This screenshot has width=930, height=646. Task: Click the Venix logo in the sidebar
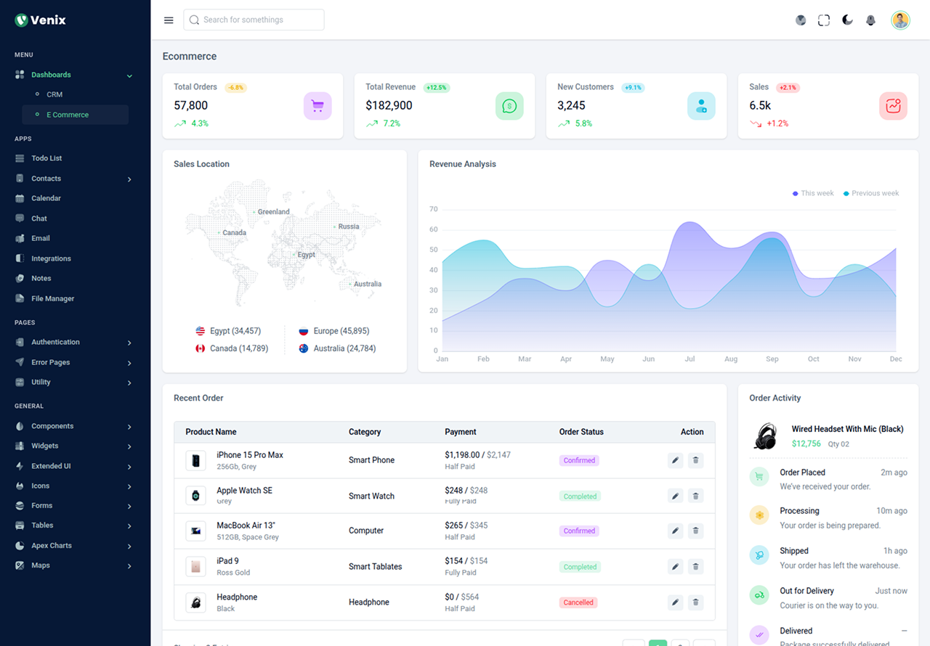[41, 20]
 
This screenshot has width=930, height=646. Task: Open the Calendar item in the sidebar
[46, 198]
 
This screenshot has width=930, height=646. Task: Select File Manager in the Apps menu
[52, 298]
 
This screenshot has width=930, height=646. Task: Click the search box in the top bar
[254, 20]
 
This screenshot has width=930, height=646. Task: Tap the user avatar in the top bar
[900, 20]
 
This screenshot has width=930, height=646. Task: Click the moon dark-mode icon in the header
[847, 20]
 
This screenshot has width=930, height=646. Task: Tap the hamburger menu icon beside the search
[169, 20]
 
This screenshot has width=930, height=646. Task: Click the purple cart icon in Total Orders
[318, 106]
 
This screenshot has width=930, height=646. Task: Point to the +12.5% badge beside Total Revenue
[437, 88]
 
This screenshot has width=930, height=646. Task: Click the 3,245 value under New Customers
[571, 105]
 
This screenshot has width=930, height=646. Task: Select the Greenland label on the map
[273, 212]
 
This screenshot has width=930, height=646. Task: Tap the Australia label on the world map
[367, 284]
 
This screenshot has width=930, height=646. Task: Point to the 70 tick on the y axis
[434, 209]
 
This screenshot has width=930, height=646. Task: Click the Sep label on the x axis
[772, 359]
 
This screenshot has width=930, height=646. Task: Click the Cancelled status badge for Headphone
[578, 602]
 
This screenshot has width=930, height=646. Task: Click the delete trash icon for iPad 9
[695, 567]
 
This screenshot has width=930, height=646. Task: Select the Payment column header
[461, 432]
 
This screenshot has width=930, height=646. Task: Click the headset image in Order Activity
[766, 436]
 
